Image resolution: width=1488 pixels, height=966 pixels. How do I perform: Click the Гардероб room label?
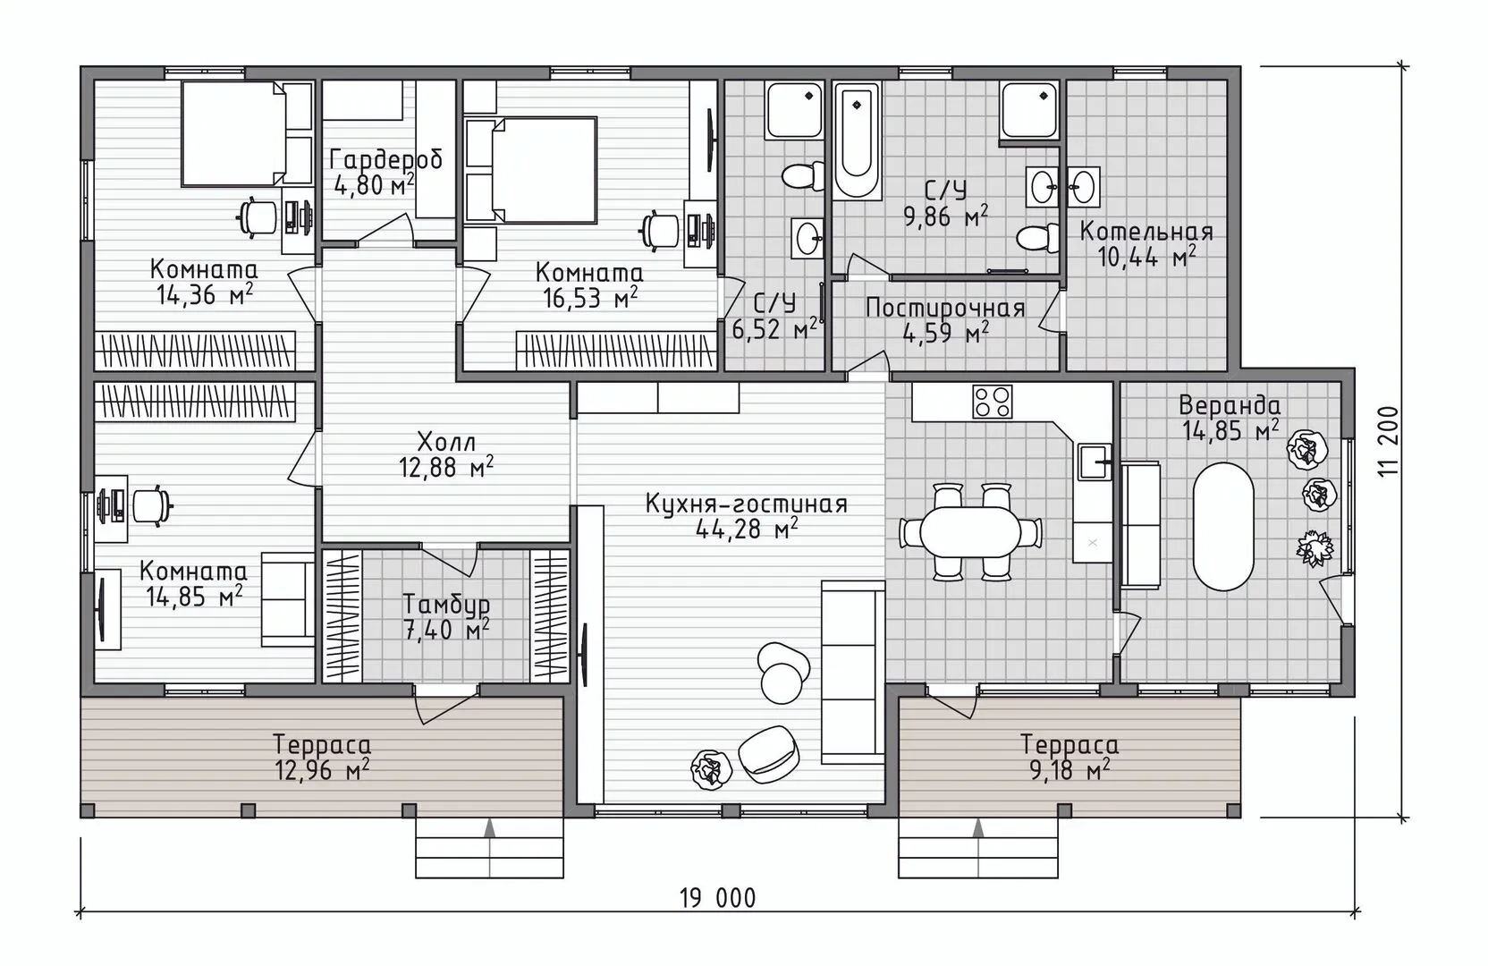point(386,160)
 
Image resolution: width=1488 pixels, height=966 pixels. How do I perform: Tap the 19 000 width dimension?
point(717,898)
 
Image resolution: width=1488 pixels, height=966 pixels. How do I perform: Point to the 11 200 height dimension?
point(1389,442)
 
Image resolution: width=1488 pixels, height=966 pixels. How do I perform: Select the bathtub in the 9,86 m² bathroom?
point(857,140)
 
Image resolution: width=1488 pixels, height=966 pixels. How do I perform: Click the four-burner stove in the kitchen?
point(993,402)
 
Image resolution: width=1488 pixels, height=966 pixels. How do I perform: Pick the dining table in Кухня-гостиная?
point(970,532)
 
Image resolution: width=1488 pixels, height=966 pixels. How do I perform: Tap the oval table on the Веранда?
point(1223,526)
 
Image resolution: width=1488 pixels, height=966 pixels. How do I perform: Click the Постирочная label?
point(945,309)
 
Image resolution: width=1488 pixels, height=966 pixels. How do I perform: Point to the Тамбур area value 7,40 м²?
point(446,630)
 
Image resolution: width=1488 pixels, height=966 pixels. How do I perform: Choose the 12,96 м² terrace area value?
point(322,771)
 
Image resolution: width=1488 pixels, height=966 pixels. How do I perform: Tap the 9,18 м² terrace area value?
point(1069,771)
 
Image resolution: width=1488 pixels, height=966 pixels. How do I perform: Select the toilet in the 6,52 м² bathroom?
point(799,177)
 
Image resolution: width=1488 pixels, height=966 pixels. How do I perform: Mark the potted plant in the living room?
point(712,769)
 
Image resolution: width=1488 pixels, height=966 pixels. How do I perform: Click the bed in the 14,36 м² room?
point(233,133)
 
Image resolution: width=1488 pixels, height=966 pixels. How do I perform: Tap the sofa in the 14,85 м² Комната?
point(287,599)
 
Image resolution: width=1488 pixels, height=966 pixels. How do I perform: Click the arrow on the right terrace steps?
point(977,827)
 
